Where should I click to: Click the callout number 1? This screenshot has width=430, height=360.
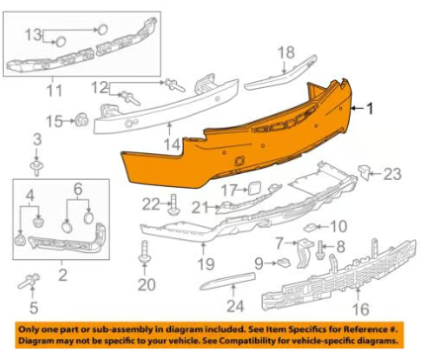point(371,109)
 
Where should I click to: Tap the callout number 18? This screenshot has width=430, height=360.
point(286,52)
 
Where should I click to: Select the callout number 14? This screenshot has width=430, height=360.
point(172,145)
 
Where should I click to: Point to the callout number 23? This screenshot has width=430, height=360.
point(392,174)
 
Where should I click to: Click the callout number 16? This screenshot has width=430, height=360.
point(361,309)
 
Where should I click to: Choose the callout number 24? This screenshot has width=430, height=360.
point(235,307)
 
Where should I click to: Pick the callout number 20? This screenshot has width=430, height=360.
point(146,285)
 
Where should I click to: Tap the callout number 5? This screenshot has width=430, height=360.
point(34,308)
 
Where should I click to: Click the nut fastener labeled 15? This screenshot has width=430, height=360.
point(81,120)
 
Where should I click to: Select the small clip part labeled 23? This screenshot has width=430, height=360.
point(364,171)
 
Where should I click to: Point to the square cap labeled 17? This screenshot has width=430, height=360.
point(253,189)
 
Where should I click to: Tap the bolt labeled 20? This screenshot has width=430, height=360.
point(144,252)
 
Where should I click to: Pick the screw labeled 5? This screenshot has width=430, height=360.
point(30,280)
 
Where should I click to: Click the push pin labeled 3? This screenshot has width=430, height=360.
point(37,167)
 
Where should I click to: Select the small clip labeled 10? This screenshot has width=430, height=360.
point(310,227)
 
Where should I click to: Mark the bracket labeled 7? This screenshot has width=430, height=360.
point(303,253)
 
